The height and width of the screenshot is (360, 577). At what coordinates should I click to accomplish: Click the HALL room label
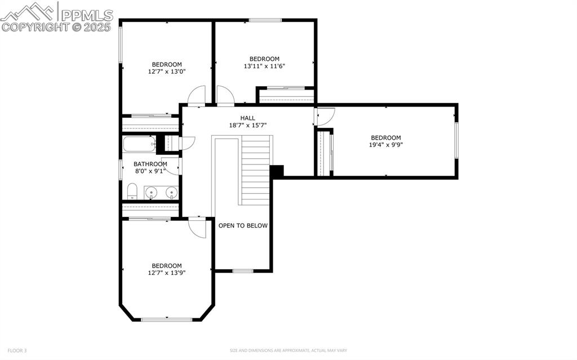coord(247,118)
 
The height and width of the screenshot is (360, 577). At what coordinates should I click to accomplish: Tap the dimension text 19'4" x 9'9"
coord(385,145)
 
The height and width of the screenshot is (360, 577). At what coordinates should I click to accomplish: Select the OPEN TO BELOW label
coord(243,225)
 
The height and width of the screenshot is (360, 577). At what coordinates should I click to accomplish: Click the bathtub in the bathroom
coord(139,144)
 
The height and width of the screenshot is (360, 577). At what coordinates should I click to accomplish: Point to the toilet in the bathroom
coord(131,192)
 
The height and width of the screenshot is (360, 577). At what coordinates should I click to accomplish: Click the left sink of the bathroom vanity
coord(150,193)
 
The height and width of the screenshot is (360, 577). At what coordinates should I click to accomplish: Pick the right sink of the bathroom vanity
coord(171,193)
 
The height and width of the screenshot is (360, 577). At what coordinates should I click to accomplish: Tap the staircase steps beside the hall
coord(256,169)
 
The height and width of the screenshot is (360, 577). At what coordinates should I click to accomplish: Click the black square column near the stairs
coord(277,171)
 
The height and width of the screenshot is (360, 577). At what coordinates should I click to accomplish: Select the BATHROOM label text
coord(150,164)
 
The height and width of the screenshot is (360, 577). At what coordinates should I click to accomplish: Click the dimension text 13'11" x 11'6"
coord(264,66)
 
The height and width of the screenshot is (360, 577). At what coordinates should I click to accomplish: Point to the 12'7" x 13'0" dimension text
coord(167,72)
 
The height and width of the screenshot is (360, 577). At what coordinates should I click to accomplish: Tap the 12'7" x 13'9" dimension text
coord(167,273)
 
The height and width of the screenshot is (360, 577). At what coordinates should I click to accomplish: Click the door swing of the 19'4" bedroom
coord(325,116)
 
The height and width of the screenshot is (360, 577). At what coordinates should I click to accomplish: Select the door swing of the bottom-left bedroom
coord(197,228)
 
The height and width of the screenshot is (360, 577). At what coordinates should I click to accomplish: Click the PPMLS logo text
coord(87,15)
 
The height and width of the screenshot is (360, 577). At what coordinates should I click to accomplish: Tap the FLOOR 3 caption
coord(17,350)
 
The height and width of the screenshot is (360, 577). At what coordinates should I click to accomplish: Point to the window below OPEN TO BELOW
coord(242,271)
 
